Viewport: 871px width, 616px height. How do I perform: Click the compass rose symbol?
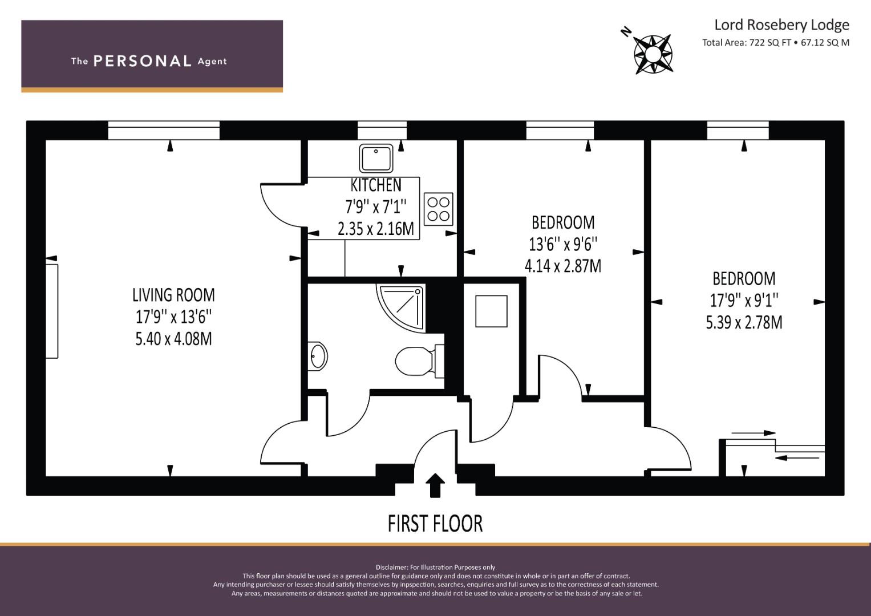pyautogui.click(x=653, y=54)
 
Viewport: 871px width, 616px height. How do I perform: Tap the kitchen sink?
pyautogui.click(x=376, y=158)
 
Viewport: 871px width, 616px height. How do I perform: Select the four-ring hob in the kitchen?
pyautogui.click(x=438, y=209)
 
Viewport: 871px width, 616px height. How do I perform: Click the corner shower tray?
pyautogui.click(x=400, y=307)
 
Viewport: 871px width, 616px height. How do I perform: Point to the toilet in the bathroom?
pyautogui.click(x=419, y=361)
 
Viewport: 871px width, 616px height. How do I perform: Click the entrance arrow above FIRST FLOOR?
pyautogui.click(x=435, y=485)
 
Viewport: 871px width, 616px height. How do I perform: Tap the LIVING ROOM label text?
pyautogui.click(x=173, y=295)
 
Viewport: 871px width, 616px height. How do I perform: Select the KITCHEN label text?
pyautogui.click(x=376, y=185)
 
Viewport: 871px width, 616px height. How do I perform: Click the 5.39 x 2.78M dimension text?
pyautogui.click(x=744, y=322)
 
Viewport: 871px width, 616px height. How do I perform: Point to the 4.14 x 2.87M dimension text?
pyautogui.click(x=563, y=266)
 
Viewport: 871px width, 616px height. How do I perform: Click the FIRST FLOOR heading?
pyautogui.click(x=435, y=524)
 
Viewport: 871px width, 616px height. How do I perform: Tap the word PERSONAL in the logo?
pyautogui.click(x=143, y=61)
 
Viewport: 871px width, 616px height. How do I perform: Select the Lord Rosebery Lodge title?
pyautogui.click(x=781, y=25)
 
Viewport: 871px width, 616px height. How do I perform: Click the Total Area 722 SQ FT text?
pyautogui.click(x=746, y=42)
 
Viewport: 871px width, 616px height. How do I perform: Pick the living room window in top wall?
pyautogui.click(x=164, y=130)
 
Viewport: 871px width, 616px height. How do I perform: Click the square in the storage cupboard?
pyautogui.click(x=491, y=311)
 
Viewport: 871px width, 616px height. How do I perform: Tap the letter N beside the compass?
pyautogui.click(x=626, y=32)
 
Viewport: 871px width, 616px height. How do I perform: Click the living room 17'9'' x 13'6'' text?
pyautogui.click(x=173, y=317)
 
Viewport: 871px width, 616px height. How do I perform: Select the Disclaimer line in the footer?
pyautogui.click(x=435, y=567)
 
